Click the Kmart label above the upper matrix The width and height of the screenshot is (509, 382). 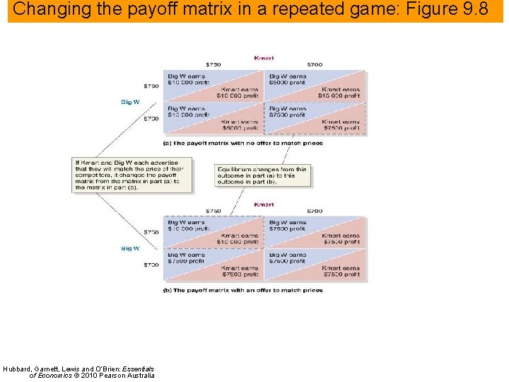tap(264, 57)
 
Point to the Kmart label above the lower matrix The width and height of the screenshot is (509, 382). tap(264, 204)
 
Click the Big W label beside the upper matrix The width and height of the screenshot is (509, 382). tap(131, 102)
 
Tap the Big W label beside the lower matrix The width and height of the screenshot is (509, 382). tap(131, 248)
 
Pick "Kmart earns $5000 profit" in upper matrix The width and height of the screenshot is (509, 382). tap(240, 125)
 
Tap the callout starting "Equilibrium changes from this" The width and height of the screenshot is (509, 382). tap(262, 175)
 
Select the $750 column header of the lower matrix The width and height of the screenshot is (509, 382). tap(213, 211)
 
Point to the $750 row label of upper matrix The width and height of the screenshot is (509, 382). tap(151, 86)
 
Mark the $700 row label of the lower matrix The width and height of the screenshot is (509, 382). tap(151, 265)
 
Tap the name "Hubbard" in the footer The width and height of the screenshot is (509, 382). tap(17, 368)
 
